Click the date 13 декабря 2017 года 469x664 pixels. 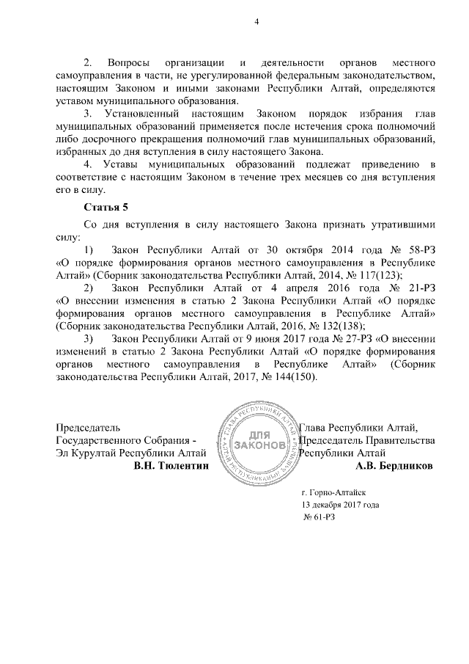point(341,506)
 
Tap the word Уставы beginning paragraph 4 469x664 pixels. point(128,163)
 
